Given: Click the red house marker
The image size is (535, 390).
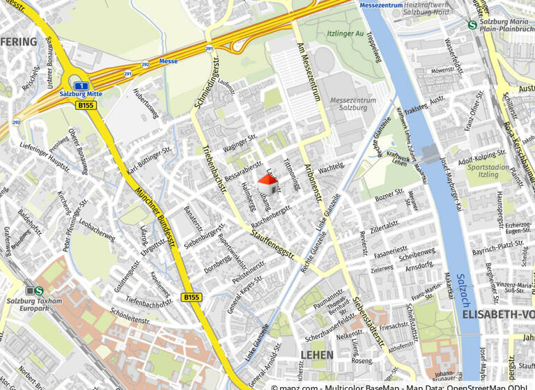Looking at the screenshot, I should tap(267, 184).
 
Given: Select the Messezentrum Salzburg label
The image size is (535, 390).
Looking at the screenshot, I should tap(352, 104).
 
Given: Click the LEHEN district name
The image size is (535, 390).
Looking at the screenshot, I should tap(316, 355).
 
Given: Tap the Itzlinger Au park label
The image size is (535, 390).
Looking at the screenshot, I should tap(341, 33).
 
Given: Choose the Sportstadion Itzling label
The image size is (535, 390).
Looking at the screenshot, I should tap(488, 171).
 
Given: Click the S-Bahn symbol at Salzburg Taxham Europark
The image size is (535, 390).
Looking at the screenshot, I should tap(39, 291).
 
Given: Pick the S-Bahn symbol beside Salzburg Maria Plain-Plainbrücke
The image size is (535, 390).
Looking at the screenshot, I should tap(472, 24).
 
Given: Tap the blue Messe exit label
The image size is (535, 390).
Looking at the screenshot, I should tap(168, 61).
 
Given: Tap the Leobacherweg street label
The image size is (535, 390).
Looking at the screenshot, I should tap(97, 231).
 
